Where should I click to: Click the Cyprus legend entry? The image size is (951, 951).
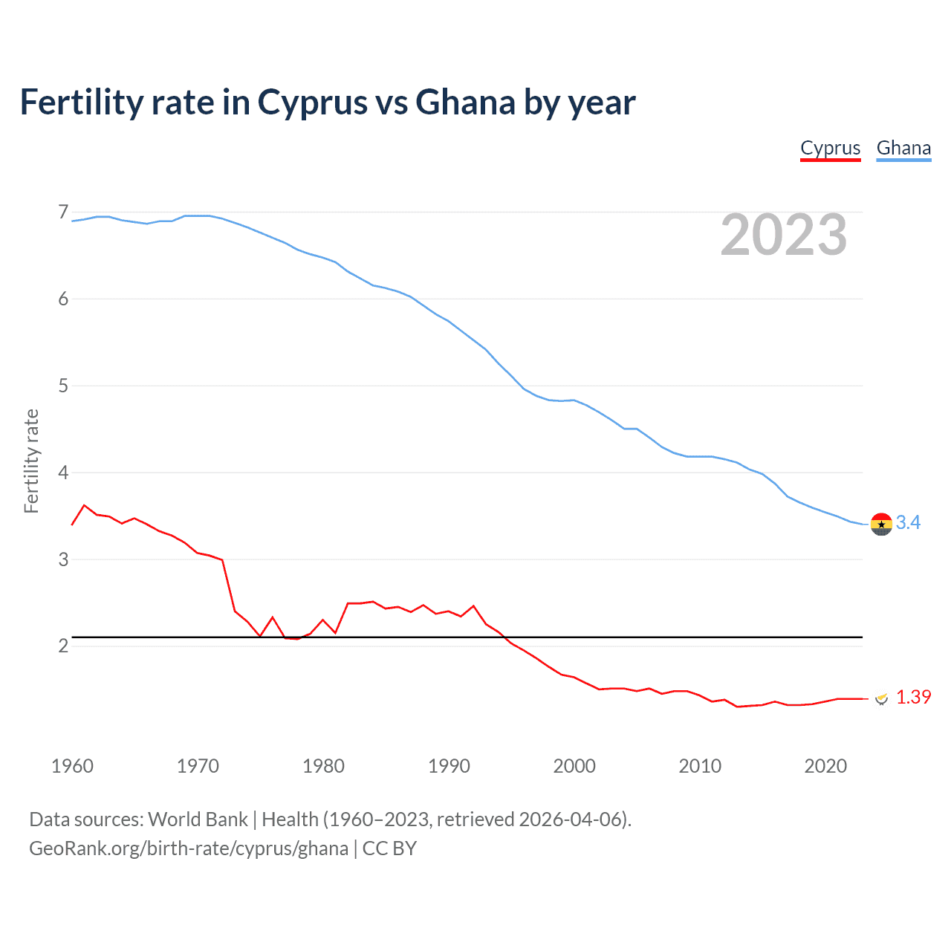[830, 148]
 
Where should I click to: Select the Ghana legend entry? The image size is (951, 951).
[903, 148]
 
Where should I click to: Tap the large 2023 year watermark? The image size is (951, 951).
[783, 235]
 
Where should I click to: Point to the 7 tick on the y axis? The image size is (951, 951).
[63, 212]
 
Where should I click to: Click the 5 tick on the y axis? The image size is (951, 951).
[63, 386]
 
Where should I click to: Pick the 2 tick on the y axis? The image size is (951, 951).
[63, 646]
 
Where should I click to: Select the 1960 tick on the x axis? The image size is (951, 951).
[72, 766]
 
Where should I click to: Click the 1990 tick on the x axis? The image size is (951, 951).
[449, 766]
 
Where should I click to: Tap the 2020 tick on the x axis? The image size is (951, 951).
[825, 766]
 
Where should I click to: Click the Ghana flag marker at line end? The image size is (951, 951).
[881, 524]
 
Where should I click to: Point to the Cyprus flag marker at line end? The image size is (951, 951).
[881, 698]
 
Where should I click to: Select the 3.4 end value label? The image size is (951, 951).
[908, 523]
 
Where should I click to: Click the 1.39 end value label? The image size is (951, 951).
[913, 697]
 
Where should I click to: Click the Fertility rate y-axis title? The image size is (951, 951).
[31, 461]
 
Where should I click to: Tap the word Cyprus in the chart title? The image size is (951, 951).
[312, 102]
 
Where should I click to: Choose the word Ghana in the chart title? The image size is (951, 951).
[465, 102]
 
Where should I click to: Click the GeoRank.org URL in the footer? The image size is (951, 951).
[189, 848]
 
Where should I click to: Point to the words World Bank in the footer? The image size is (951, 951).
[198, 819]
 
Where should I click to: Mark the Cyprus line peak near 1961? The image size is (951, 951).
[84, 505]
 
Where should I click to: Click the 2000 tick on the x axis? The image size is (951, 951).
[574, 766]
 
